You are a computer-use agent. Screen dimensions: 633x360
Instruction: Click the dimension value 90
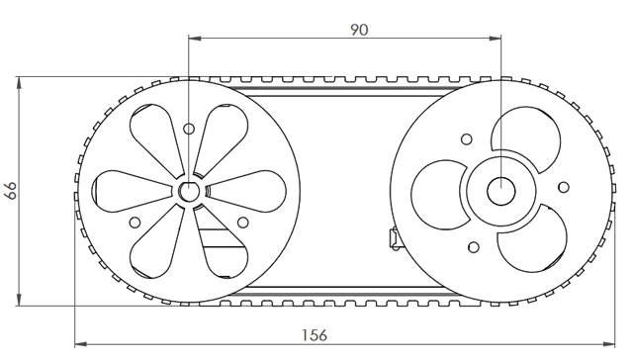click(359, 30)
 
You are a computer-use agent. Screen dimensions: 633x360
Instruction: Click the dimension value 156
click(315, 335)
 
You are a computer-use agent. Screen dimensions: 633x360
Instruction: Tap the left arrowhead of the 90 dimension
click(195, 39)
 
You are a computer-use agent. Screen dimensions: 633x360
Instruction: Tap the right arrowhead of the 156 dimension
click(609, 344)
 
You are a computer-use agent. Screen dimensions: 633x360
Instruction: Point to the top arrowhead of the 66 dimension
click(19, 83)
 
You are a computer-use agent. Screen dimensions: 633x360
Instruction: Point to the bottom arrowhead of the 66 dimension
click(19, 299)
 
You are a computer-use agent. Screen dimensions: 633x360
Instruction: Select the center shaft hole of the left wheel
click(189, 191)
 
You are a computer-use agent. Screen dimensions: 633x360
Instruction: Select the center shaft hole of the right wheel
click(501, 191)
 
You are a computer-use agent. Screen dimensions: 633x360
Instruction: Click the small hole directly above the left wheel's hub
click(189, 129)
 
